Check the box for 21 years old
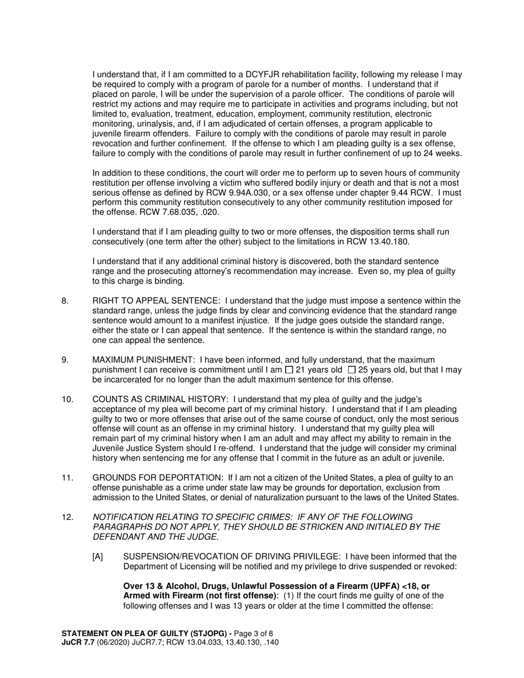coord(289,370)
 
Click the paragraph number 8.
coord(65,300)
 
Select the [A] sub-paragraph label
coord(98,557)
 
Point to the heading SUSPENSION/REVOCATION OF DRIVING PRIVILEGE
coord(232,557)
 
